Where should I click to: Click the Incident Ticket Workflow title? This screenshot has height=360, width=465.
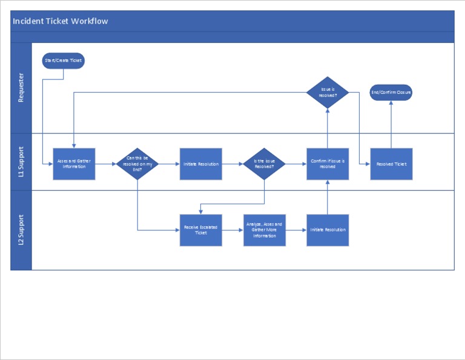click(61, 21)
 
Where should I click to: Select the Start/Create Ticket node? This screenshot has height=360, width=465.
click(64, 61)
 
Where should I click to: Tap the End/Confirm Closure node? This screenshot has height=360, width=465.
click(391, 93)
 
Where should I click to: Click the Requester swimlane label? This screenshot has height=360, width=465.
click(21, 88)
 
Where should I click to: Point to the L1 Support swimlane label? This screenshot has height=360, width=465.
click(21, 162)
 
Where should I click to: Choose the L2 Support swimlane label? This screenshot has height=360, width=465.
click(21, 230)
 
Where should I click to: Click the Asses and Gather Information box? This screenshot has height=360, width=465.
click(74, 164)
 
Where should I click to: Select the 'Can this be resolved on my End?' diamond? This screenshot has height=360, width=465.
click(137, 164)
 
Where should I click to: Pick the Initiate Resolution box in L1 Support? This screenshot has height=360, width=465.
click(201, 164)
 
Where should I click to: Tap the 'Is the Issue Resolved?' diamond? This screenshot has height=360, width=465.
click(264, 164)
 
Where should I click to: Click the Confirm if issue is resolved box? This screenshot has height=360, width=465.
click(328, 164)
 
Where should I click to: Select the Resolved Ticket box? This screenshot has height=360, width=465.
click(391, 164)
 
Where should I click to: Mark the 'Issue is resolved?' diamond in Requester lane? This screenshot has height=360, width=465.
click(328, 93)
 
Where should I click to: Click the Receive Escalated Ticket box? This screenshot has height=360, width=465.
click(201, 230)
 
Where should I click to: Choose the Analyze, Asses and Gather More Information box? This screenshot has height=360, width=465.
click(264, 230)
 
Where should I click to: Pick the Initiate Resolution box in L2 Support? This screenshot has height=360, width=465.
click(328, 230)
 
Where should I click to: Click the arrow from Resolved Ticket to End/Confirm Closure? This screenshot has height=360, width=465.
click(391, 124)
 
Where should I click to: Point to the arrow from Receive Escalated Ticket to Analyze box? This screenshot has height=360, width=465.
click(232, 230)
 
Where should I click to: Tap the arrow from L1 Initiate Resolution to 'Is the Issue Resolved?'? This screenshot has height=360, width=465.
click(232, 164)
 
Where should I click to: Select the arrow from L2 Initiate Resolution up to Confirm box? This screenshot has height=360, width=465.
click(328, 197)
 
